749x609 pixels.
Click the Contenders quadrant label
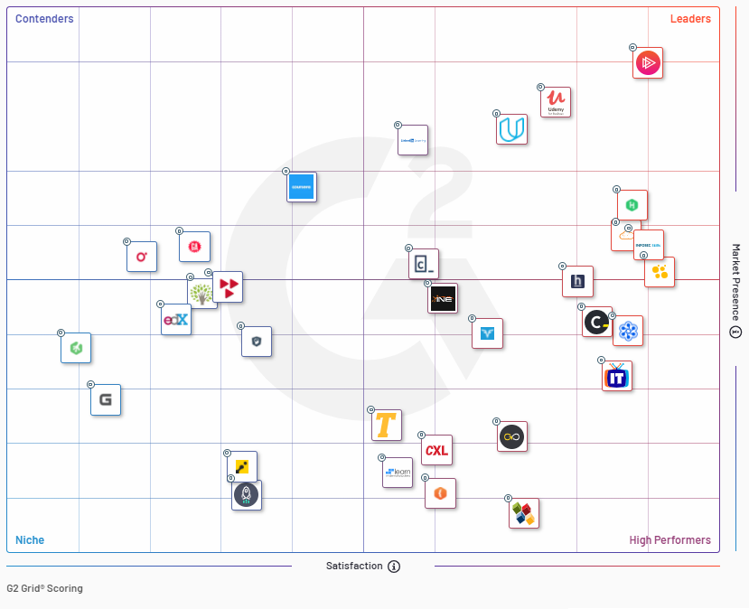click(44, 19)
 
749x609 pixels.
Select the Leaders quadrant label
click(690, 19)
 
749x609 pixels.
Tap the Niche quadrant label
click(30, 540)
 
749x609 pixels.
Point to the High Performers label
click(669, 540)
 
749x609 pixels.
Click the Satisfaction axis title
click(354, 567)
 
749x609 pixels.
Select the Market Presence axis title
click(735, 282)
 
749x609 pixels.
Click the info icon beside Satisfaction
click(394, 567)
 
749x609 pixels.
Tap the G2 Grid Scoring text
click(44, 588)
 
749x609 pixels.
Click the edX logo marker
click(176, 320)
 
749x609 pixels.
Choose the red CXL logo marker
click(437, 450)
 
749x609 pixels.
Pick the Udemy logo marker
click(556, 102)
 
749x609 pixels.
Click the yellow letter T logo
click(387, 426)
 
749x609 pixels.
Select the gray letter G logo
click(106, 400)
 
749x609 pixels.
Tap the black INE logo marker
click(443, 298)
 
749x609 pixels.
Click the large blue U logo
click(512, 129)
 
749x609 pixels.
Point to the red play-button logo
click(648, 63)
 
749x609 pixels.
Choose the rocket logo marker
click(247, 495)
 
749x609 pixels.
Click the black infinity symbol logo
click(513, 437)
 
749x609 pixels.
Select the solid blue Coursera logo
click(302, 187)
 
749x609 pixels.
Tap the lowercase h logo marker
click(578, 282)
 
